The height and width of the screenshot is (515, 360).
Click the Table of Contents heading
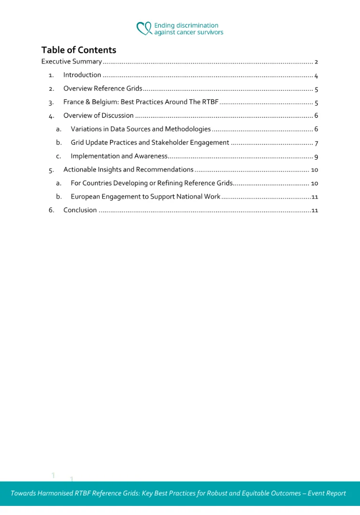coord(78,50)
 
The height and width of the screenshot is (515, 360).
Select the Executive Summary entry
coord(71,62)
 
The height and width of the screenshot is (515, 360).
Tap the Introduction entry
coord(82,75)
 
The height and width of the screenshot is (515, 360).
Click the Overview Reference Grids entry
coord(103,88)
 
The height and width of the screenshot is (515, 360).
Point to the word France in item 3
coord(73,102)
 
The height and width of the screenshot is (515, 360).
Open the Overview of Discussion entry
coord(98,115)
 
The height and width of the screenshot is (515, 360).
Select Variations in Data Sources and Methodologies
coord(141,129)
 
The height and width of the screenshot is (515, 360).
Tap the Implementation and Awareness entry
coord(119,156)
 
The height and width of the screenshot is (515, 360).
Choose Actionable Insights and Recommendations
coord(128,170)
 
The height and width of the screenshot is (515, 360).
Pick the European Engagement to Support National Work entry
coord(145,197)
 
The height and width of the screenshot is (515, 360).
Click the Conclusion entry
coord(80,210)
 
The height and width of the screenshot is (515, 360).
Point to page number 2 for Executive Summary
coord(316,62)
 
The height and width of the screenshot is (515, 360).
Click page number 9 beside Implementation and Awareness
coord(316,156)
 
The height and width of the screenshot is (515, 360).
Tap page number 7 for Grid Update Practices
coord(316,143)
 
